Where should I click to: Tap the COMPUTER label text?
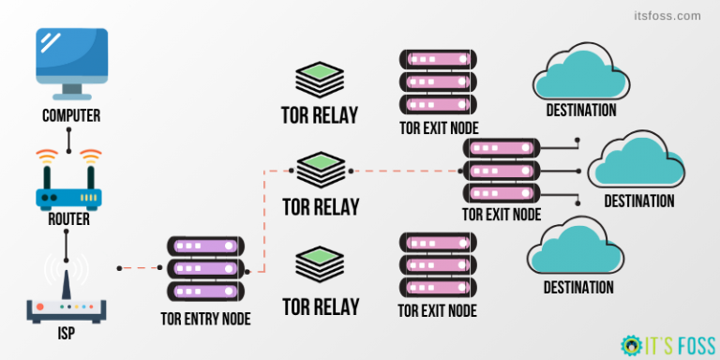[70, 117]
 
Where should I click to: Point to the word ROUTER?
[69, 219]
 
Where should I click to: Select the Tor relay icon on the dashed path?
[321, 172]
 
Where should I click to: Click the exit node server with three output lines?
[502, 172]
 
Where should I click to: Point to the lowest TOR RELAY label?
[321, 306]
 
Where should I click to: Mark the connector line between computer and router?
[69, 139]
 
